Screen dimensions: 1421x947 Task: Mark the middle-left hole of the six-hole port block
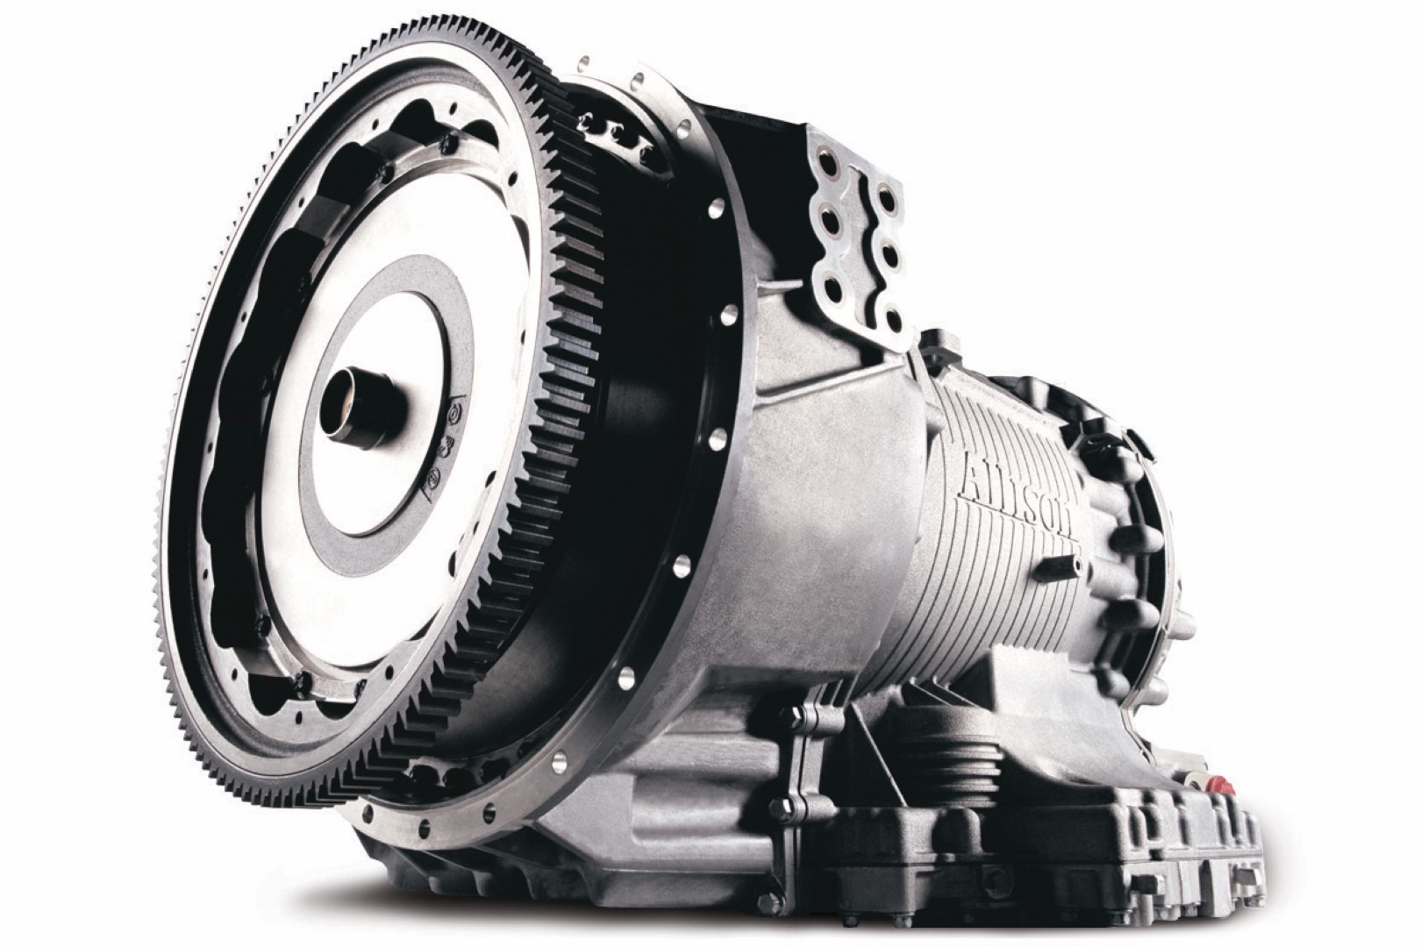click(829, 225)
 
